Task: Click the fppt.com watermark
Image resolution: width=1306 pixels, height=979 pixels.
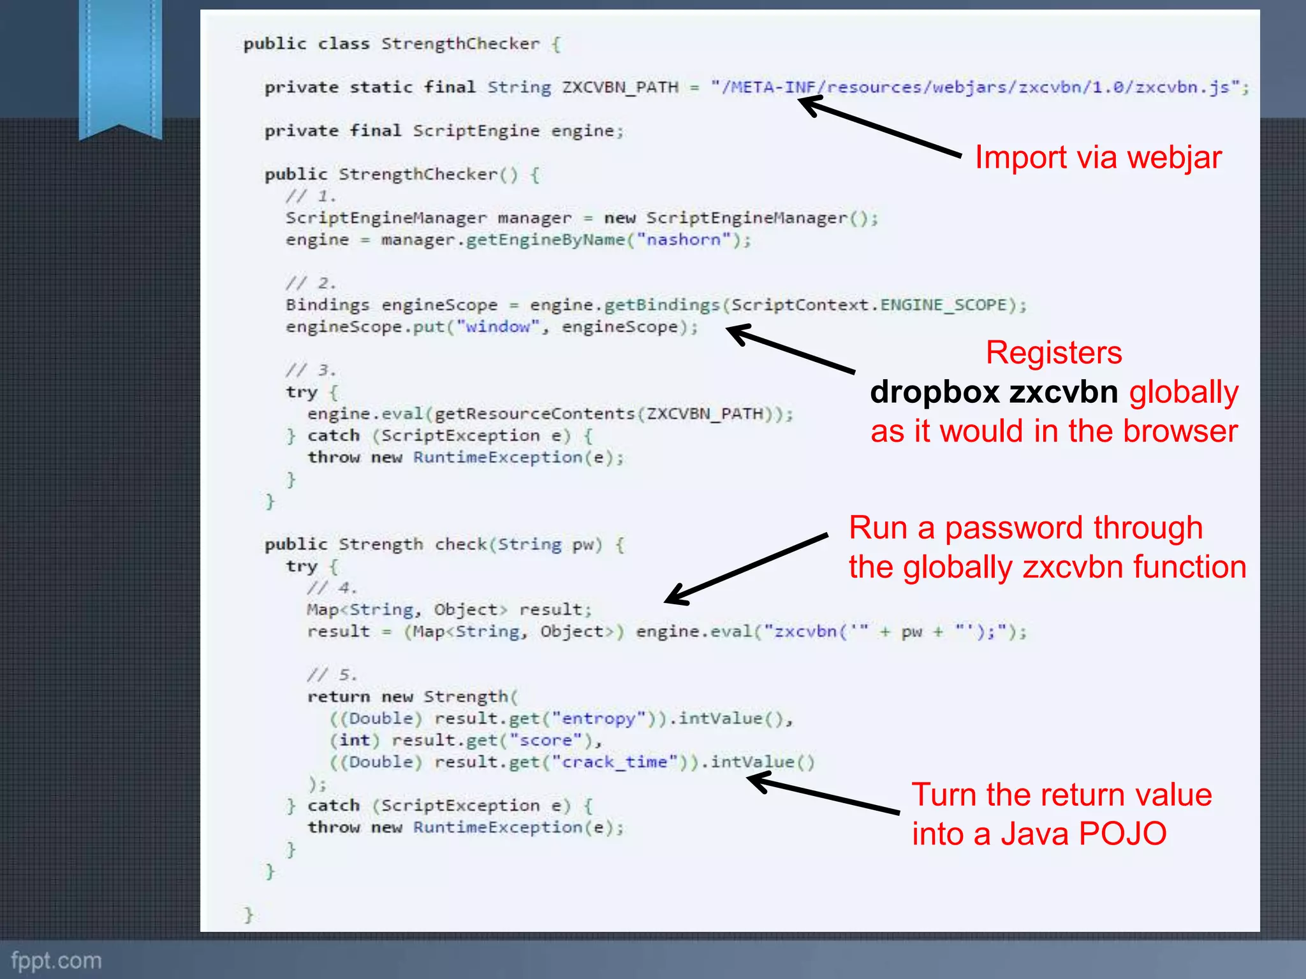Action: tap(56, 960)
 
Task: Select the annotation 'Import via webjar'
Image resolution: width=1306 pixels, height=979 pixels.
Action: tap(1098, 157)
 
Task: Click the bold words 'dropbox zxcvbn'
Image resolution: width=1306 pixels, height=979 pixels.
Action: tap(994, 392)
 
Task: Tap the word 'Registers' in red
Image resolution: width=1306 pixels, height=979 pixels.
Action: tap(1053, 352)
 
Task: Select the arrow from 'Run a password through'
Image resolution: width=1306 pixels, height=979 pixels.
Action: tap(746, 569)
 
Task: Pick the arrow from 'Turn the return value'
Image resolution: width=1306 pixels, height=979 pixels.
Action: tap(823, 794)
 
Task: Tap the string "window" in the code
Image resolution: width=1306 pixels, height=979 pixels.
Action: tap(498, 327)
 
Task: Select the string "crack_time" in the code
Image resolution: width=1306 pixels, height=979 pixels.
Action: tap(614, 762)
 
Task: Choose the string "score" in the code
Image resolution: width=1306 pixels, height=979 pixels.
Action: tap(545, 740)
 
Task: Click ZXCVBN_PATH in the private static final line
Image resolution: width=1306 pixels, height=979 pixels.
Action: tap(620, 87)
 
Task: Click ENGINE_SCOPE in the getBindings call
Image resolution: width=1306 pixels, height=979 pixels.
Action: tap(943, 305)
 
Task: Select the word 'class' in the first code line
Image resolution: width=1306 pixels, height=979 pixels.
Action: tap(344, 44)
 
